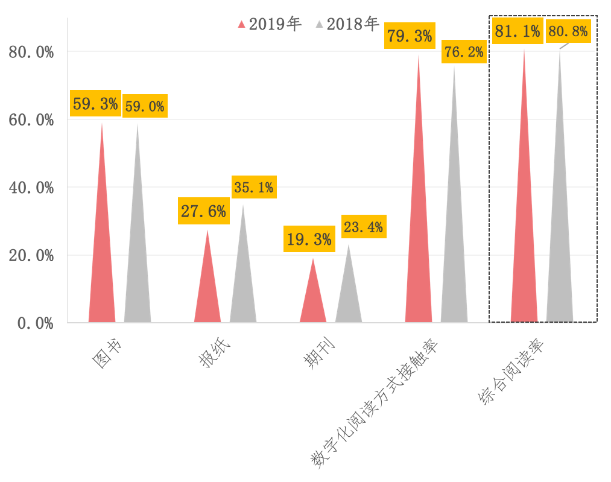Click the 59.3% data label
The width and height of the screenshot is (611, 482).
tap(95, 104)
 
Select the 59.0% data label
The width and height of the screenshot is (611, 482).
tap(144, 106)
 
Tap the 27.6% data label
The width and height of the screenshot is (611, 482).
tap(203, 211)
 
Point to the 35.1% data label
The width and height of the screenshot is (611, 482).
tap(253, 188)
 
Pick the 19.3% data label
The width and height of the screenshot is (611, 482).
tap(309, 239)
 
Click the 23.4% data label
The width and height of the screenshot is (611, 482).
tap(362, 227)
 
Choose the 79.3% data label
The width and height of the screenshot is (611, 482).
tap(410, 36)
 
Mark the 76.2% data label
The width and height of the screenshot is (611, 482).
tap(463, 52)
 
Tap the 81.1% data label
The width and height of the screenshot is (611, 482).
tap(517, 31)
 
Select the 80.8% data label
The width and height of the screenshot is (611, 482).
tap(568, 31)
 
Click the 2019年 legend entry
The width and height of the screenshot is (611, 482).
tap(270, 24)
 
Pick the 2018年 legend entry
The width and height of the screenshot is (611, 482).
tap(347, 24)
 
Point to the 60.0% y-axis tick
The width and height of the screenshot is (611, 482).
tap(31, 120)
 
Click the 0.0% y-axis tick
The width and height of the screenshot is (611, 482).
tap(35, 323)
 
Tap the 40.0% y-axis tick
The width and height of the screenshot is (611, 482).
tap(31, 188)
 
